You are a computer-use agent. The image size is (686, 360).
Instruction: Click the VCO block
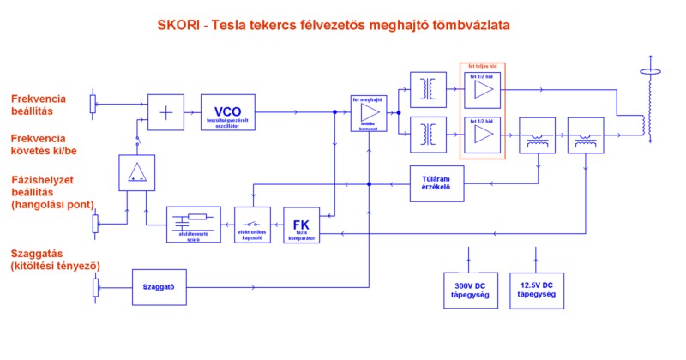coord(227,111)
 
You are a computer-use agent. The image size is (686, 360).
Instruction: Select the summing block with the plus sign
coord(165,111)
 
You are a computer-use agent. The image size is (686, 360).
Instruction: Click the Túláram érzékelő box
coord(436,183)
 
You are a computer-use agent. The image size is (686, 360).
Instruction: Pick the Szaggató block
coord(159,286)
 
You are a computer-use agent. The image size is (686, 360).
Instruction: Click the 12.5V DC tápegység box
coord(536,289)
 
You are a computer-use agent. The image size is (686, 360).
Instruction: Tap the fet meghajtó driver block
coord(370,112)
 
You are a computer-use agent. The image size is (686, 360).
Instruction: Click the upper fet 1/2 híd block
coord(482,88)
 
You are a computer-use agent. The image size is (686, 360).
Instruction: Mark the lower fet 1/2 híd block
coord(482,135)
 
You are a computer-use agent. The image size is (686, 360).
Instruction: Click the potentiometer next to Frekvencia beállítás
coord(93,104)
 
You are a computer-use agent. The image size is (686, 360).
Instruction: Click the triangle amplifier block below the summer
coord(136,172)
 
